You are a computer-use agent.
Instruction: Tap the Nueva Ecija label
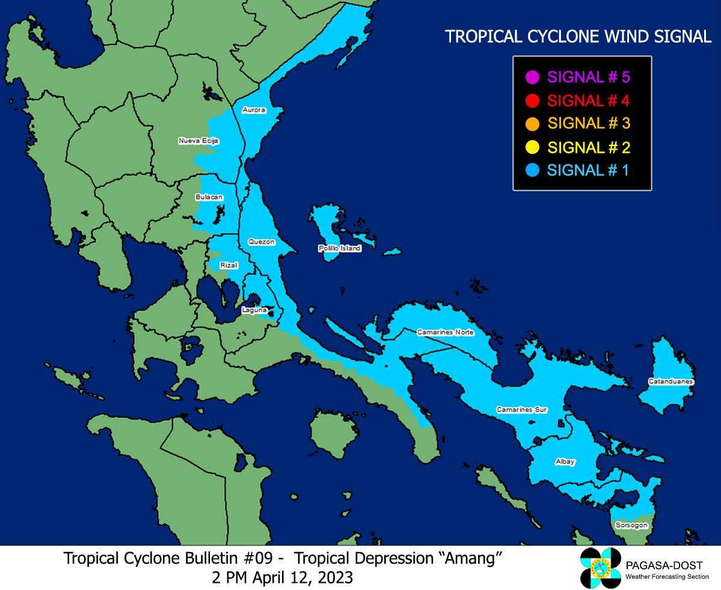198,141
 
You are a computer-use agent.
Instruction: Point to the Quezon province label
262,242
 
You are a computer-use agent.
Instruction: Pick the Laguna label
253,310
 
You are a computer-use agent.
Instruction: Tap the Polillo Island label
340,248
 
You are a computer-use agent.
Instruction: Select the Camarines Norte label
446,333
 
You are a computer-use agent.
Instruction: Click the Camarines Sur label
521,410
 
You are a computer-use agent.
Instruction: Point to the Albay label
565,462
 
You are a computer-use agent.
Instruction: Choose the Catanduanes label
670,382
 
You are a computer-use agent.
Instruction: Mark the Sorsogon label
631,525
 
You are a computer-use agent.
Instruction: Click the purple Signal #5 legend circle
531,77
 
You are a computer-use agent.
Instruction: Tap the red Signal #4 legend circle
531,100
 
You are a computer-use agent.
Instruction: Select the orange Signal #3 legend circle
531,124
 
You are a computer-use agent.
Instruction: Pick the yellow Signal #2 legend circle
531,147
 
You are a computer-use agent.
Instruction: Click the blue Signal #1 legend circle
531,170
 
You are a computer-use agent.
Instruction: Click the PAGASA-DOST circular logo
600,568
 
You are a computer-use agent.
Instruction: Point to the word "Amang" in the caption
471,559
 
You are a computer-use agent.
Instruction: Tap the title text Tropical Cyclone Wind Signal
578,37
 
